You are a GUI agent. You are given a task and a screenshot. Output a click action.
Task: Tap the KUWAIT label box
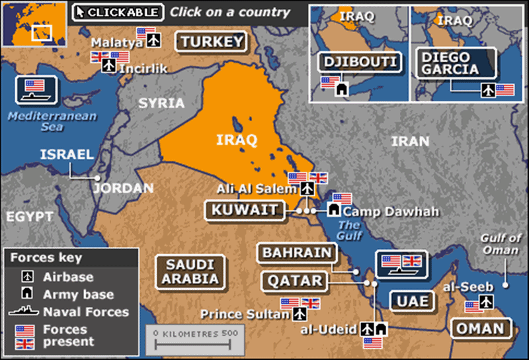[x=245, y=210]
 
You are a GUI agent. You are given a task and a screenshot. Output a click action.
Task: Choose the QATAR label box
[x=294, y=281]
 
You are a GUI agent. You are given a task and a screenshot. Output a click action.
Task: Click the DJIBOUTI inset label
[x=360, y=62]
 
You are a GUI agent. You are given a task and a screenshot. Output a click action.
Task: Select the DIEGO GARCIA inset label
[x=448, y=63]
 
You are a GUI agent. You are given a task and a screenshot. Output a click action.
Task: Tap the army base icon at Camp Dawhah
[x=335, y=210]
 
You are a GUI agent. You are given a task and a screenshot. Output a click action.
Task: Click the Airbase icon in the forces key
[x=28, y=277]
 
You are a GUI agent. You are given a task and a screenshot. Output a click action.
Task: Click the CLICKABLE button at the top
[x=118, y=12]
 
